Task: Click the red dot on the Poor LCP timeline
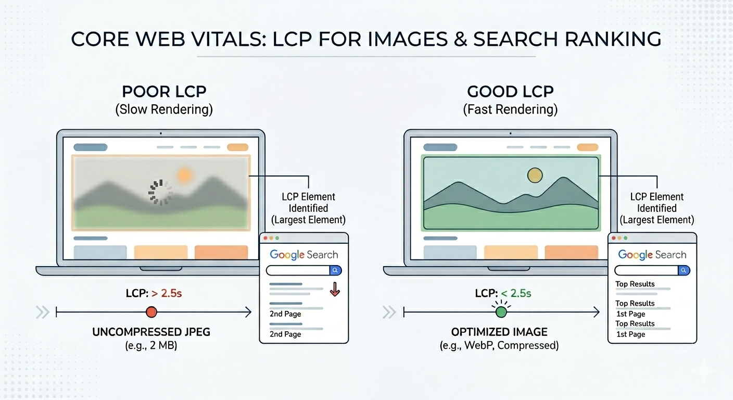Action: (x=151, y=312)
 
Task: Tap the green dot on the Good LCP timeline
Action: (x=501, y=312)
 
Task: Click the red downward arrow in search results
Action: (x=335, y=289)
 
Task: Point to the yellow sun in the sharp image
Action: (x=535, y=176)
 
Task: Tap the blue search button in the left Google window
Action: (x=336, y=270)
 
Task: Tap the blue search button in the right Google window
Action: (x=684, y=270)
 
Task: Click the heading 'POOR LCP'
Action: (x=164, y=92)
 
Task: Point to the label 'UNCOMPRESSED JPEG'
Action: (x=151, y=332)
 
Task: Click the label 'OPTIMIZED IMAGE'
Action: (x=499, y=332)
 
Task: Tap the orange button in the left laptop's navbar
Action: (x=238, y=147)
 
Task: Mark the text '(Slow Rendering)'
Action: (x=164, y=110)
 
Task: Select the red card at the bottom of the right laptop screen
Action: (x=571, y=252)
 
